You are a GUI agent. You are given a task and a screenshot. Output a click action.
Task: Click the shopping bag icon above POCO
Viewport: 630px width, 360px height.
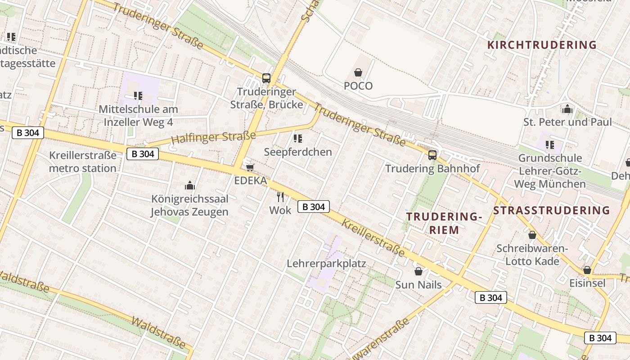(358, 72)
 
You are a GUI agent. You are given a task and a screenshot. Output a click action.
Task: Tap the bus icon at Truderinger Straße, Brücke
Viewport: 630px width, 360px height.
(266, 78)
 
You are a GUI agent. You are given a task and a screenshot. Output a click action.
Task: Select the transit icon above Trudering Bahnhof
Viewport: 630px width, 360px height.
(432, 155)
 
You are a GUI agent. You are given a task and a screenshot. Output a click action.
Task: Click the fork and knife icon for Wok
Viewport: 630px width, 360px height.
(280, 197)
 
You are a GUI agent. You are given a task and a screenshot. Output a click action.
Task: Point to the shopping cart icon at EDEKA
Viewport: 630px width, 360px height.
(250, 168)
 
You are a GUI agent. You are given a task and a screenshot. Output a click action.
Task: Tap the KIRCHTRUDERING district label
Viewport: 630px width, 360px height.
(542, 45)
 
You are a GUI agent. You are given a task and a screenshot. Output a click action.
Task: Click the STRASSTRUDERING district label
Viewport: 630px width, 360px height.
(551, 211)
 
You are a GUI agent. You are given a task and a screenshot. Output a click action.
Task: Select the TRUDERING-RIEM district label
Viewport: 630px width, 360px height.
(444, 223)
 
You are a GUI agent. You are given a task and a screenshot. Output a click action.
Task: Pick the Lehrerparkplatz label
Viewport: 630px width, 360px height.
(326, 264)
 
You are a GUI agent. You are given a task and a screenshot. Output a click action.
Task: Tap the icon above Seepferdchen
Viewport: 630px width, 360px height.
(297, 139)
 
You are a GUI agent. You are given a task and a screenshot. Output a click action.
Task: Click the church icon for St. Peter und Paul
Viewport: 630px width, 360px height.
(567, 109)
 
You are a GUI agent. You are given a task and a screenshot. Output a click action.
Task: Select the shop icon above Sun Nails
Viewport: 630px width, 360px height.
(418, 271)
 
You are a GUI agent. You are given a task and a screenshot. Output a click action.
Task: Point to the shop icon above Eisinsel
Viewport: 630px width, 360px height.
(587, 270)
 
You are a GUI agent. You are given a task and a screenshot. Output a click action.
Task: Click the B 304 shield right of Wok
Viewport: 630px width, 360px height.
(314, 207)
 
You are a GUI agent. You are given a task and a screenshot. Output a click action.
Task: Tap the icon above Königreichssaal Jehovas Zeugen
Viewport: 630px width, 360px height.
(190, 185)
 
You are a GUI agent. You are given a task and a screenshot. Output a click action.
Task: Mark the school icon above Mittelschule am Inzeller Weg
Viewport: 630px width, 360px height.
(138, 96)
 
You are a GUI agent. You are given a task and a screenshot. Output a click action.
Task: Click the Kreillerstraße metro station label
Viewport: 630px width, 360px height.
(83, 162)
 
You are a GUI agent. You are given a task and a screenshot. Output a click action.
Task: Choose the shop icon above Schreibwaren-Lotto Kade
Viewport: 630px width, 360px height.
(532, 235)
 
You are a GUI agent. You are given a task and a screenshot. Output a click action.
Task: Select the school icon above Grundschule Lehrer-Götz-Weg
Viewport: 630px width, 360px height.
(550, 145)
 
